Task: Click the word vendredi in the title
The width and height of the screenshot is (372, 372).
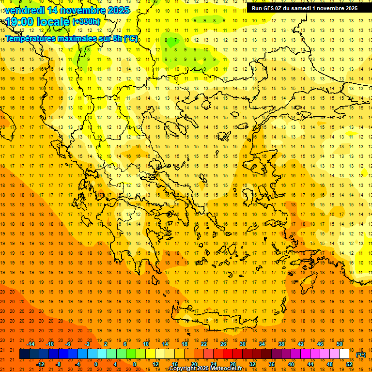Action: tap(24, 10)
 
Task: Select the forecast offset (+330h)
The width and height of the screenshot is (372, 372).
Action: tap(86, 22)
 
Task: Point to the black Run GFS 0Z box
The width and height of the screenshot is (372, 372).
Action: tap(304, 8)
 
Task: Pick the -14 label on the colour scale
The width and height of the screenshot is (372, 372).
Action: tap(31, 343)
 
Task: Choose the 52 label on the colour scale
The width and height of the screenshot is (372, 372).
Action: tap(349, 364)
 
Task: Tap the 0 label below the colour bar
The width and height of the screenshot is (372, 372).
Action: tap(96, 364)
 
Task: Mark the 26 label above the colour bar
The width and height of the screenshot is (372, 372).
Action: tap(223, 343)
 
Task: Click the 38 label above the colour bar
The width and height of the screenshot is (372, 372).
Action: tap(281, 343)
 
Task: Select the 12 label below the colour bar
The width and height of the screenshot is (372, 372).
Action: tap(155, 364)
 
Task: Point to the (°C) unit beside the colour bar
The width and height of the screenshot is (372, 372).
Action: tap(360, 355)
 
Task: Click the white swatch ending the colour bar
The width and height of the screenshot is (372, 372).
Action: tap(344, 354)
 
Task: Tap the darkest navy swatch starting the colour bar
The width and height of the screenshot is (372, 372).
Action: tap(24, 354)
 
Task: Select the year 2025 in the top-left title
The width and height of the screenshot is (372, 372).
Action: tap(118, 10)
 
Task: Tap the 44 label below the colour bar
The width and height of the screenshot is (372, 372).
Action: tap(310, 364)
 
